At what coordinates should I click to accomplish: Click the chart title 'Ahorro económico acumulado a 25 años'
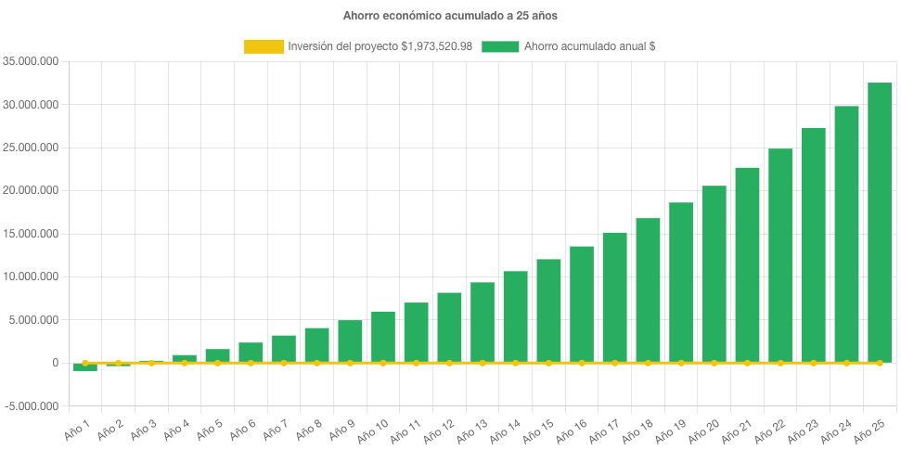[x=450, y=16]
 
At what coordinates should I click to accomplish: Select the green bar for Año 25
[x=880, y=223]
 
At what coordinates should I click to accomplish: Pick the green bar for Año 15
[x=548, y=311]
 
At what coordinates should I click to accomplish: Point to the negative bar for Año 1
[x=85, y=367]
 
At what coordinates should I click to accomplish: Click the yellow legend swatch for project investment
[x=264, y=46]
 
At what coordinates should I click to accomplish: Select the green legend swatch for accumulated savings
[x=500, y=46]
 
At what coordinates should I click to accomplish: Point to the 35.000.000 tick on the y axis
[x=32, y=62]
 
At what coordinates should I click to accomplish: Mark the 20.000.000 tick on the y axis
[x=32, y=191]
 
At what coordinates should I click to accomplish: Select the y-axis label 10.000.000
[x=32, y=277]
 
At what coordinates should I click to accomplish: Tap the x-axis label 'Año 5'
[x=209, y=427]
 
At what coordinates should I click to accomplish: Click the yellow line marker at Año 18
[x=648, y=363]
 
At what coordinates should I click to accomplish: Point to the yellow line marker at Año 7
[x=284, y=363]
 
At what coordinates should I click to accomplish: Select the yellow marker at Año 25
[x=880, y=363]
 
